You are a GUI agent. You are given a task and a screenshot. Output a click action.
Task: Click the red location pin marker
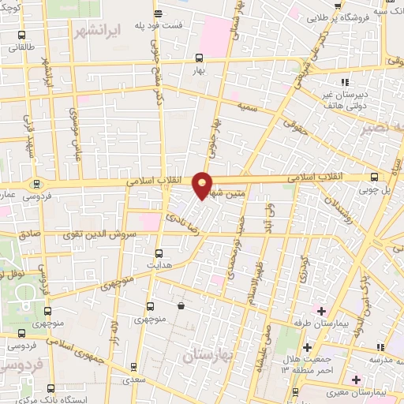(203, 185)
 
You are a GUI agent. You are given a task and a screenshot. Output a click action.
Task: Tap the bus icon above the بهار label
(198, 58)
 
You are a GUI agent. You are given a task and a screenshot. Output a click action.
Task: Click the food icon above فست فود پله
(159, 13)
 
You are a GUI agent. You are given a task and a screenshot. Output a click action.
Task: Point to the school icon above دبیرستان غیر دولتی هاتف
(344, 82)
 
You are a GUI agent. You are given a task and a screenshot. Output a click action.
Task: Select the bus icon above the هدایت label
(159, 253)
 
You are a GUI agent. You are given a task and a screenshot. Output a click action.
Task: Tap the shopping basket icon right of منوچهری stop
(181, 305)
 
